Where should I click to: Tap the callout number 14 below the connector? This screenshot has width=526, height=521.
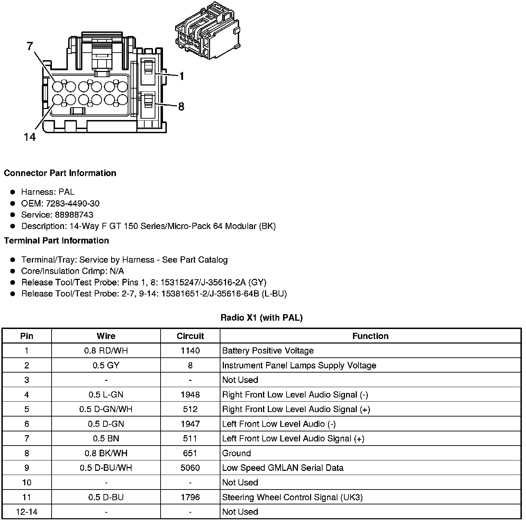click(x=30, y=137)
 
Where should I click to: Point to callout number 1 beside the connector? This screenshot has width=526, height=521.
click(x=182, y=76)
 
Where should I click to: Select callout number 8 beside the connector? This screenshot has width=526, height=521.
click(x=181, y=107)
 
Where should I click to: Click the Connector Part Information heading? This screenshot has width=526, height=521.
click(x=60, y=173)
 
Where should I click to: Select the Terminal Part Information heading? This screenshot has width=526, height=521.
click(x=56, y=240)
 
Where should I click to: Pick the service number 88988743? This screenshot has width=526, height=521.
click(x=74, y=214)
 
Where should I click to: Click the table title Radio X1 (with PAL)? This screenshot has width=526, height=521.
click(x=262, y=318)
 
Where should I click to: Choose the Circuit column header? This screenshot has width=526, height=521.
click(x=190, y=336)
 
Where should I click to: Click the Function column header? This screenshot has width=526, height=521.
click(x=370, y=336)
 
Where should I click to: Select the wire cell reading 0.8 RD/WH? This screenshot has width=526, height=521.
click(x=106, y=351)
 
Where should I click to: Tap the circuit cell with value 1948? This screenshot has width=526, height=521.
click(x=190, y=395)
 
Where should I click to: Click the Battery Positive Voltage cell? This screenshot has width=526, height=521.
click(x=268, y=351)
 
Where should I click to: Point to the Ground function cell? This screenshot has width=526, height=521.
click(x=236, y=453)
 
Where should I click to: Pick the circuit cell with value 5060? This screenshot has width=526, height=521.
click(x=190, y=468)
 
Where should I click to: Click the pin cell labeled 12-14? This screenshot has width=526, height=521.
click(x=27, y=512)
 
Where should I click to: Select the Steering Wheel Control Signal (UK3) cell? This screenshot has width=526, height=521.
click(x=292, y=497)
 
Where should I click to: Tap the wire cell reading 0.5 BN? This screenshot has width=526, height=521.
click(x=106, y=439)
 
